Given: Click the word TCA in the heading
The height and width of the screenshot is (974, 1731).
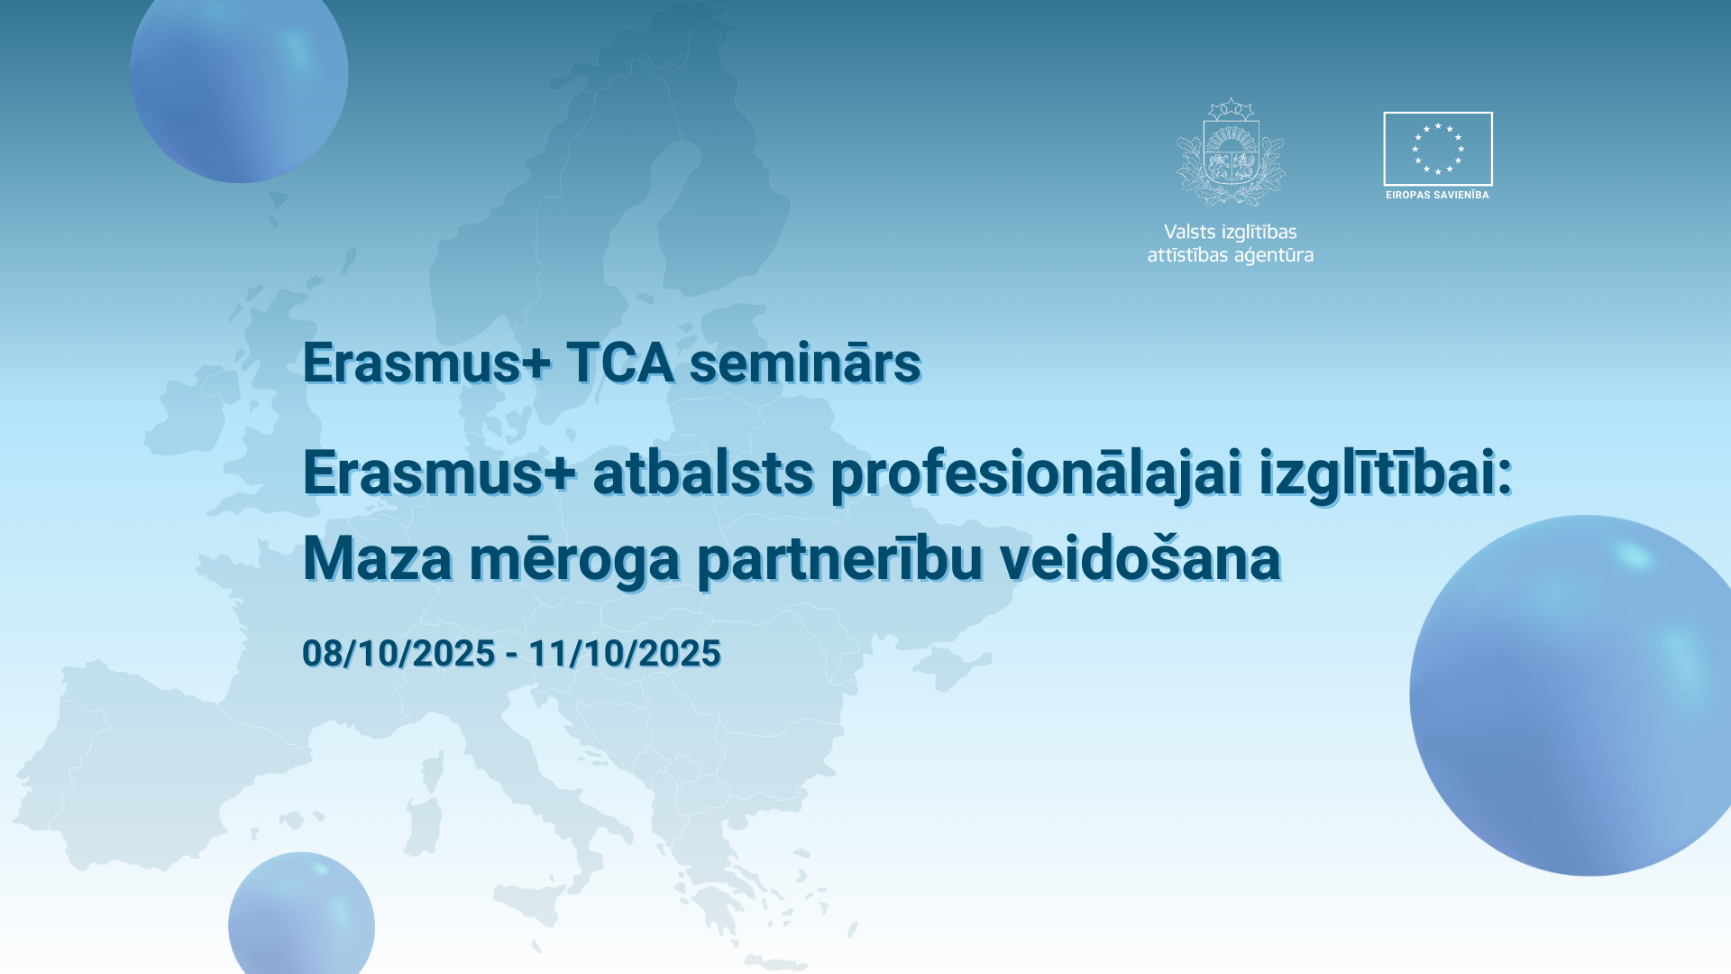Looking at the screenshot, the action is [620, 363].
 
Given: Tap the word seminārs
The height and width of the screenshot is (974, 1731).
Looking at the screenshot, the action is [805, 363].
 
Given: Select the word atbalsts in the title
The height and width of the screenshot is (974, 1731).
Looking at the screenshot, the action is [703, 473].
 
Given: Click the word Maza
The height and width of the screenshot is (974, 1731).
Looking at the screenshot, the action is [378, 558].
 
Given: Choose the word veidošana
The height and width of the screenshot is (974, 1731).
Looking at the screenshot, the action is [1140, 557].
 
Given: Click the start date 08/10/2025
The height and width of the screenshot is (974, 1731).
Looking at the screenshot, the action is [398, 654].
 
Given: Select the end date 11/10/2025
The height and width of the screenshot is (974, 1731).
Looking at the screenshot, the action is [625, 654].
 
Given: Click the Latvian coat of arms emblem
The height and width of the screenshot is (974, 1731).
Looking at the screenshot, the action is [1231, 152].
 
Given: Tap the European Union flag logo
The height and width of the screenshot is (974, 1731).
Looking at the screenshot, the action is [1438, 149].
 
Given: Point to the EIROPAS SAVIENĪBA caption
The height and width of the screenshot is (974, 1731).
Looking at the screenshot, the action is [1437, 195].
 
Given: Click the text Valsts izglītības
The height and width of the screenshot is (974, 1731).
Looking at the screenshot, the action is [1231, 233].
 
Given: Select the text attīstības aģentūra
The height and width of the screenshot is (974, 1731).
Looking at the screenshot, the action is [1231, 255].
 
